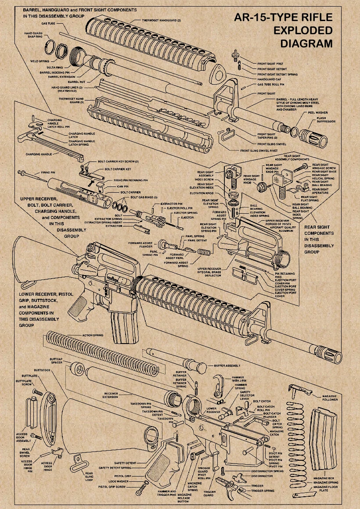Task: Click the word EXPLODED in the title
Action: coord(303,31)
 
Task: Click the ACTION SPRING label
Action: coord(93,335)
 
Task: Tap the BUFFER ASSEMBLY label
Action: coord(227,366)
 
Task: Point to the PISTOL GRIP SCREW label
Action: coord(112,487)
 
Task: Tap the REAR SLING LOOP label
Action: coord(89,476)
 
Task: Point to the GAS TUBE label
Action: coord(48,23)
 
